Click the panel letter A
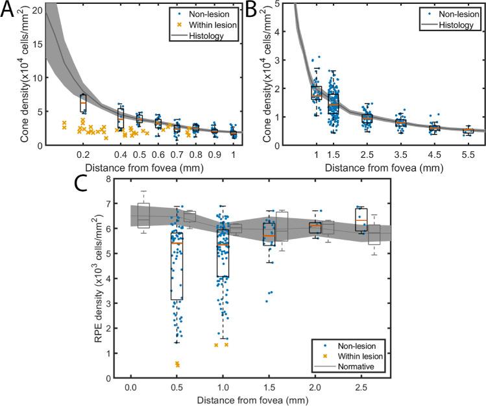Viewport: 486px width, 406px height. point(8,11)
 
